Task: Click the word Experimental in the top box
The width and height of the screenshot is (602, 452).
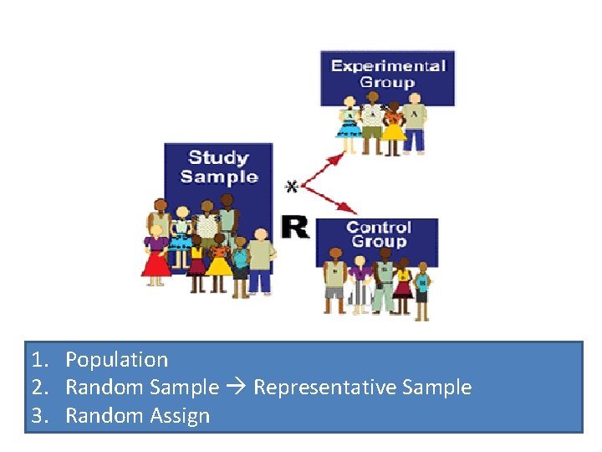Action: [x=387, y=65]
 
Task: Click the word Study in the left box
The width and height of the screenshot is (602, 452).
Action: [x=218, y=157]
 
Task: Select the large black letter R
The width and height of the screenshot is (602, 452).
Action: [x=294, y=226]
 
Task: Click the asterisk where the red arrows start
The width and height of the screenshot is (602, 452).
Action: [x=291, y=185]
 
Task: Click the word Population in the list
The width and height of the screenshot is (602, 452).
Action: [x=116, y=360]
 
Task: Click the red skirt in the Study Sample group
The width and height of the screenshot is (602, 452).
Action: [x=156, y=263]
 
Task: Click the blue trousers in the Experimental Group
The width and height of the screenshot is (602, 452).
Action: [x=414, y=139]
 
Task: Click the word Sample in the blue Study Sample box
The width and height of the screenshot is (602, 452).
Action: [x=218, y=177]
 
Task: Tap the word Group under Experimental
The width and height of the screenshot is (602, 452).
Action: [x=387, y=82]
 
